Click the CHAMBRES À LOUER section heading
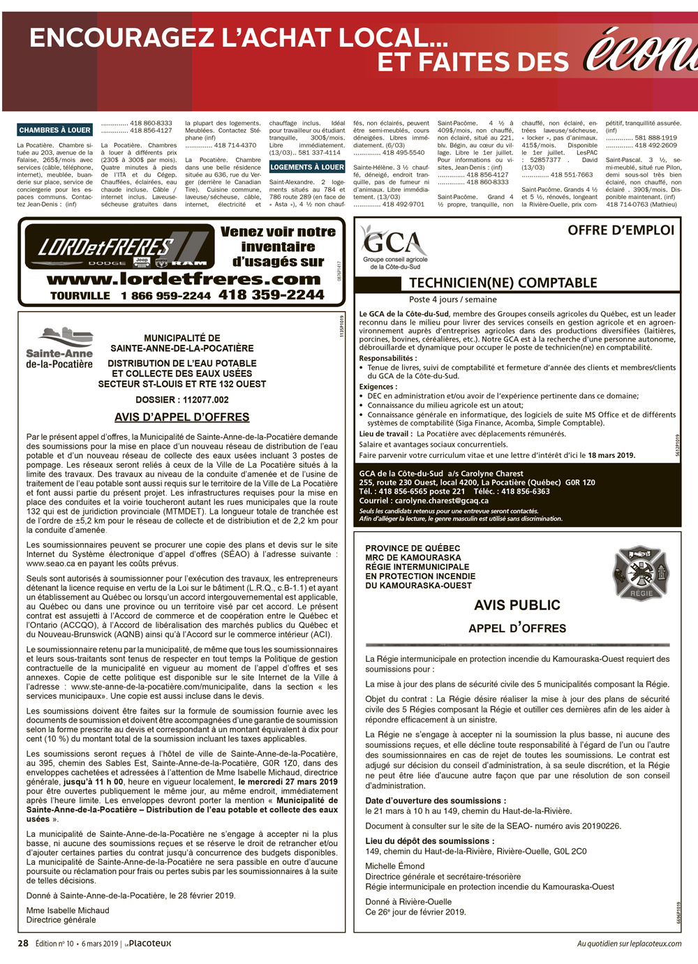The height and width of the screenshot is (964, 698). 54,130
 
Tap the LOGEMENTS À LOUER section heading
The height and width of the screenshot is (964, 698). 308,167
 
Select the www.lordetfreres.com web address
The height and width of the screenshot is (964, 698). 184,279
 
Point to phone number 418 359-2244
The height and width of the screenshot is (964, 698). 272,295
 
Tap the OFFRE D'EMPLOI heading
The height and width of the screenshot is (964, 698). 621,230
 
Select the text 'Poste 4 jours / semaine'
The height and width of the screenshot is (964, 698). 453,299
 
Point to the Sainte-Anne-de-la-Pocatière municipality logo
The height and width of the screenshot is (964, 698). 59,349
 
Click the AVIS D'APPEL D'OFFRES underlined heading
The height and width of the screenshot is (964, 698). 181,417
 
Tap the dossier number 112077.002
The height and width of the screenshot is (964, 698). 206,400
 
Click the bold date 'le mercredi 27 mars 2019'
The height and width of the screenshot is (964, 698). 288,782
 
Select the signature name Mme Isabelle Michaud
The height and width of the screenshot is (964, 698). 68,910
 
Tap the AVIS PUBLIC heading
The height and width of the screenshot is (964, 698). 517,605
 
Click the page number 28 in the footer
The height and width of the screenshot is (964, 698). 23,943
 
